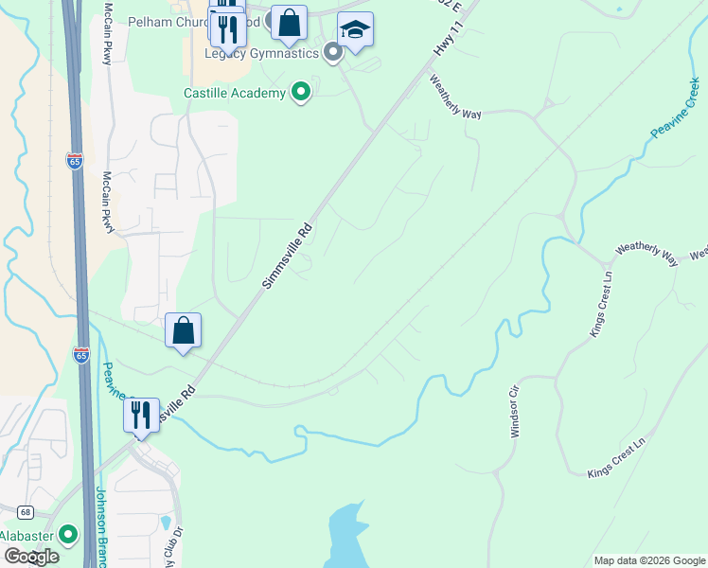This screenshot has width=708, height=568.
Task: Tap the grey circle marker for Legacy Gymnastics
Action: [332, 52]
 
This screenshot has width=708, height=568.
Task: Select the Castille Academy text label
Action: [235, 93]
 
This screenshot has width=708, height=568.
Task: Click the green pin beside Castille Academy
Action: [301, 92]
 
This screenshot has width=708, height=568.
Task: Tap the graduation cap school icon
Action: [355, 32]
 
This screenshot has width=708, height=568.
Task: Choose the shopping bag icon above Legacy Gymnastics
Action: [289, 24]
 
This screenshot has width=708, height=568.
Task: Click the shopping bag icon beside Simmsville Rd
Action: [183, 331]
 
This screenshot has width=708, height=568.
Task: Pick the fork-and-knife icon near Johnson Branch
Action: [141, 416]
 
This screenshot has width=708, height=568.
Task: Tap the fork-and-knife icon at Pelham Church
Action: [227, 28]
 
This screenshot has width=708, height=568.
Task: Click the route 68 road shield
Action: [25, 512]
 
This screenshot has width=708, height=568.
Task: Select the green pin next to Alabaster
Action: [67, 535]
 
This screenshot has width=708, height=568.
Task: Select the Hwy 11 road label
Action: [449, 32]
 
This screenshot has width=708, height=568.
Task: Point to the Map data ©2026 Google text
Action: [648, 560]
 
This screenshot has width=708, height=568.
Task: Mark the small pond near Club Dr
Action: [167, 522]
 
